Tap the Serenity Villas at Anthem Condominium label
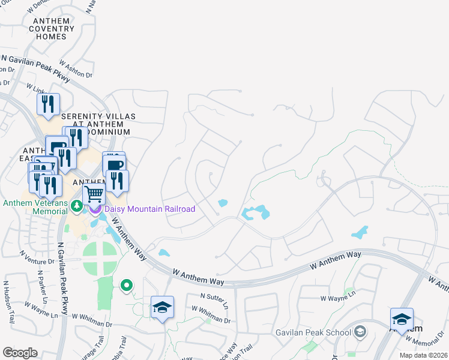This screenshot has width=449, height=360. point(98,124)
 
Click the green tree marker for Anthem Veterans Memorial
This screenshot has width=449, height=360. point(76,206)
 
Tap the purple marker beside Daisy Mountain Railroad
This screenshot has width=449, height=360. point(96,209)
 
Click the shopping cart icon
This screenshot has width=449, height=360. point(94,194)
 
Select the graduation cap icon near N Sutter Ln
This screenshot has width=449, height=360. point(162,307)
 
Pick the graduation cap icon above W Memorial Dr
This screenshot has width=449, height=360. point(402,319)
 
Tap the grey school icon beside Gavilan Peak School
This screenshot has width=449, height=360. point(360,331)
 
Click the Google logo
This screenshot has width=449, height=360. point(20,353)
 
